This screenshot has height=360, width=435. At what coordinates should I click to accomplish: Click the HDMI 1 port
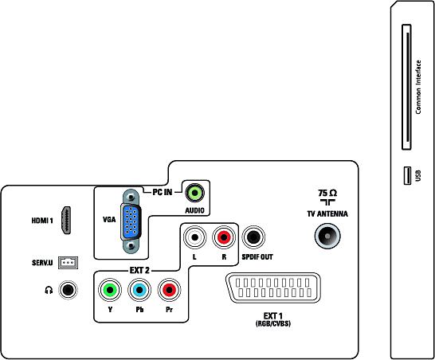(66, 221)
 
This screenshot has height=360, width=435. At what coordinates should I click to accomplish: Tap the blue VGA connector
(131, 221)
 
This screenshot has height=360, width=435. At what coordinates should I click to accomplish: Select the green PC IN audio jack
(194, 192)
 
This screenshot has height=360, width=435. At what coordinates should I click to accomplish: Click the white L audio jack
(194, 237)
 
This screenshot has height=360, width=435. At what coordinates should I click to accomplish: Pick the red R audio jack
(224, 237)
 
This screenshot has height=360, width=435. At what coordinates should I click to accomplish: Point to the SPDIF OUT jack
(253, 237)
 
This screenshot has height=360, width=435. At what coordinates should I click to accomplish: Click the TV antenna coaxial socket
(327, 236)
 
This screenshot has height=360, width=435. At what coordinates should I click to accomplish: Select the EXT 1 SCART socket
(273, 288)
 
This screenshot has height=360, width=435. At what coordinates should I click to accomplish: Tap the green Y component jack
(110, 290)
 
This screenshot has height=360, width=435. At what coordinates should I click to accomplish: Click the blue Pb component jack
(139, 290)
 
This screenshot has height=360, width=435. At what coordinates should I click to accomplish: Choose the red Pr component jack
(169, 290)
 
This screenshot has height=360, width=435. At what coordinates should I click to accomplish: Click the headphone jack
(68, 290)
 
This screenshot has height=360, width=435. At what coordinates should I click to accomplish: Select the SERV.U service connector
(68, 262)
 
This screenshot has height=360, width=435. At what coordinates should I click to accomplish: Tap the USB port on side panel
(407, 175)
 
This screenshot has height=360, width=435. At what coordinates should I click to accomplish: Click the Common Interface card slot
(406, 87)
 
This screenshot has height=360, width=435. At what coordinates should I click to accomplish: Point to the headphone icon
(49, 290)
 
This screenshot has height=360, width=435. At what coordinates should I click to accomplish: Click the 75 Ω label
(327, 193)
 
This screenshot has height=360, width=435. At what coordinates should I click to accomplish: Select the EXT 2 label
(139, 270)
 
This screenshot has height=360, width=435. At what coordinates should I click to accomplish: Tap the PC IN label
(163, 192)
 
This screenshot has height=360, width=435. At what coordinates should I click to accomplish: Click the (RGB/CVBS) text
(273, 323)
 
